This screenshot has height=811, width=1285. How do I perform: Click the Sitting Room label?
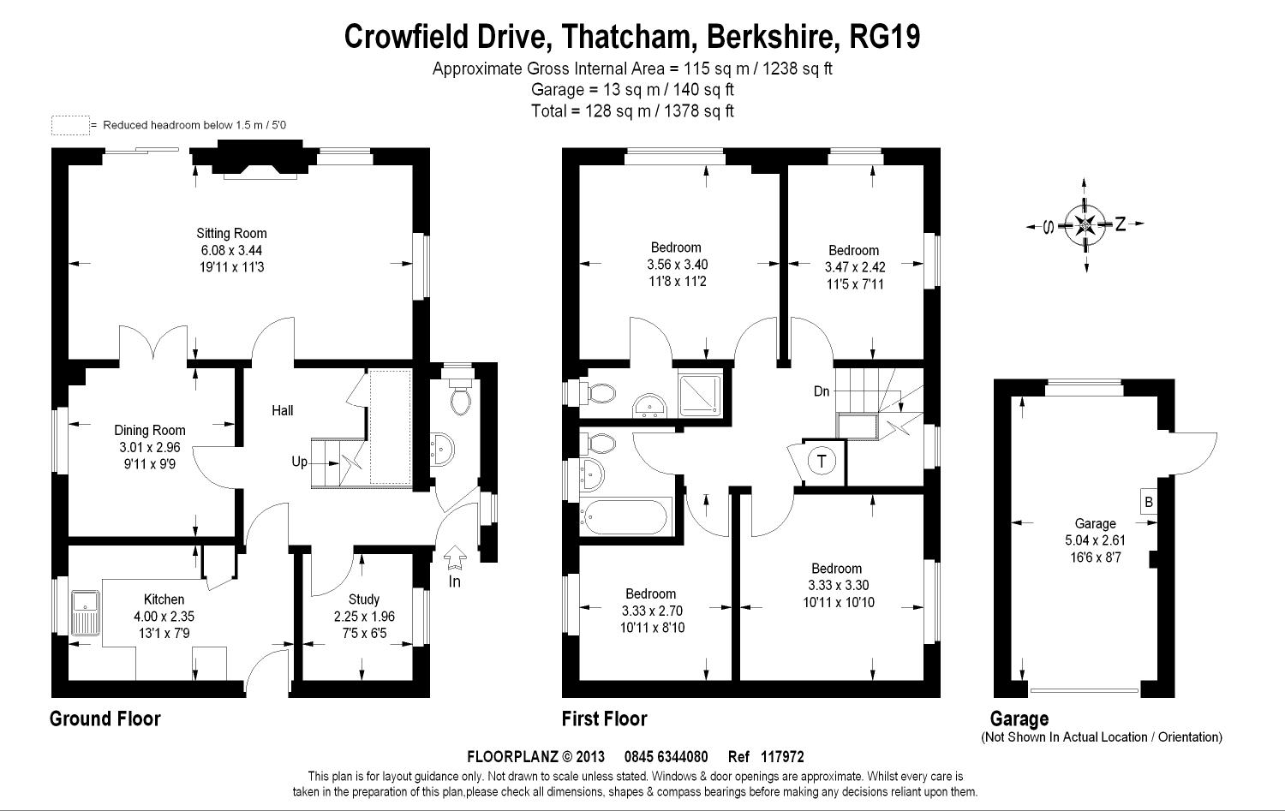pyautogui.click(x=231, y=234)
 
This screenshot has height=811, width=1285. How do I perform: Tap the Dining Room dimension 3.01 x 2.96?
pyautogui.click(x=150, y=447)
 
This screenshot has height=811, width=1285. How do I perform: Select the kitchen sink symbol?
pyautogui.click(x=86, y=613)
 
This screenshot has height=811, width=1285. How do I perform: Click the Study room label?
pyautogui.click(x=364, y=599)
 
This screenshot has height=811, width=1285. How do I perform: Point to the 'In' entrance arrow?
pyautogui.click(x=455, y=557)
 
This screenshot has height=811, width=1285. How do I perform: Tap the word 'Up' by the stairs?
pyautogui.click(x=300, y=462)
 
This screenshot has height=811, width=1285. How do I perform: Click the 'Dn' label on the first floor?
pyautogui.click(x=822, y=391)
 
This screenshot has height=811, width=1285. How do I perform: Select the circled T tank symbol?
pyautogui.click(x=822, y=461)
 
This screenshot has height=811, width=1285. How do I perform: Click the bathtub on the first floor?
pyautogui.click(x=625, y=516)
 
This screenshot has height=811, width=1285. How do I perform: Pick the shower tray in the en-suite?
pyautogui.click(x=700, y=395)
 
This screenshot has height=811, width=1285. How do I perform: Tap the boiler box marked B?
pyautogui.click(x=1149, y=503)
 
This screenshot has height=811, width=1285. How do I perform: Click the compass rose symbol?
pyautogui.click(x=1085, y=224)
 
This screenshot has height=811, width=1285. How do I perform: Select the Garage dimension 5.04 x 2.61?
pyautogui.click(x=1095, y=540)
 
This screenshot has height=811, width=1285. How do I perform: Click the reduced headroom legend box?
pyautogui.click(x=70, y=126)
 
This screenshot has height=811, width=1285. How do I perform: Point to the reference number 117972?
pyautogui.click(x=782, y=757)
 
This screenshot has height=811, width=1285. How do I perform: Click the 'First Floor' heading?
pyautogui.click(x=604, y=719)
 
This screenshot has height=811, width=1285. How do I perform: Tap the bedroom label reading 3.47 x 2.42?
pyautogui.click(x=855, y=267)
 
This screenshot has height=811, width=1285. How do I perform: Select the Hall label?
pyautogui.click(x=282, y=411)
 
